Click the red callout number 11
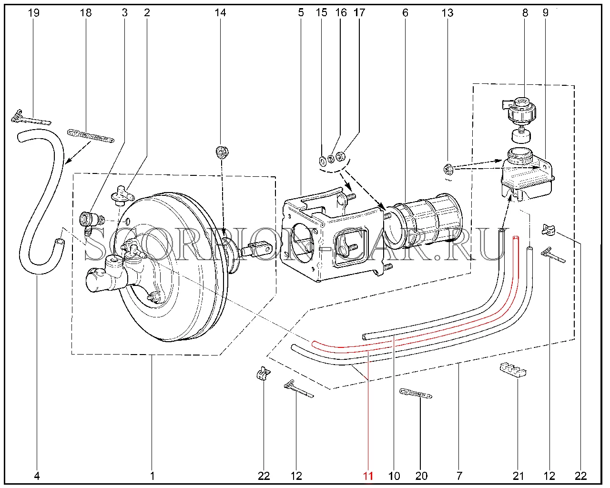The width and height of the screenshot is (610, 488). (x=368, y=476)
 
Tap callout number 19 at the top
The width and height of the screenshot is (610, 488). (x=33, y=12)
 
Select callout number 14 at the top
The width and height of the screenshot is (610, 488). (x=220, y=12)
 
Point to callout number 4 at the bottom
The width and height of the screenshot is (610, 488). (x=37, y=476)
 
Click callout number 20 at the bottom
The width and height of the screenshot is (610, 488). (x=421, y=476)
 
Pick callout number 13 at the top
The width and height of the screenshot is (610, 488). (x=447, y=12)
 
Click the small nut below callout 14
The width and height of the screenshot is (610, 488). (x=221, y=152)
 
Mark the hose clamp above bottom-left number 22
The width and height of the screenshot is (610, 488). (x=263, y=373)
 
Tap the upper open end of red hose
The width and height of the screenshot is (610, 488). (x=515, y=237)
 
